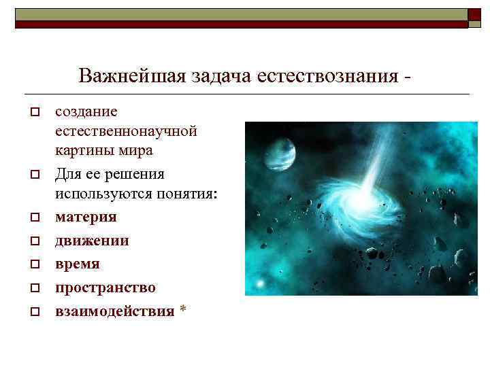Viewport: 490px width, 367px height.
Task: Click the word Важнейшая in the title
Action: coord(117,75)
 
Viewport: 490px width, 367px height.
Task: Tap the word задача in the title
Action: coord(208,75)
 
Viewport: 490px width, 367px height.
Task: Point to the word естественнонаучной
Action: coord(126,130)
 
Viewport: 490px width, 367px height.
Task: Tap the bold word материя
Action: coord(86,217)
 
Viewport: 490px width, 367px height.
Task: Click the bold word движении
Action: coord(92,241)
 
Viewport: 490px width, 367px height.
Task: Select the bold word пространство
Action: coord(105,287)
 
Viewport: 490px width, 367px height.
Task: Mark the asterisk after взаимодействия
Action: coord(182,310)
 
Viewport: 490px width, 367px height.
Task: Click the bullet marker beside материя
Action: coord(33,218)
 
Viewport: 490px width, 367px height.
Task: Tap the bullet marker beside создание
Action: coord(33,111)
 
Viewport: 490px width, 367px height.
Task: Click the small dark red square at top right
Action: coord(474,15)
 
